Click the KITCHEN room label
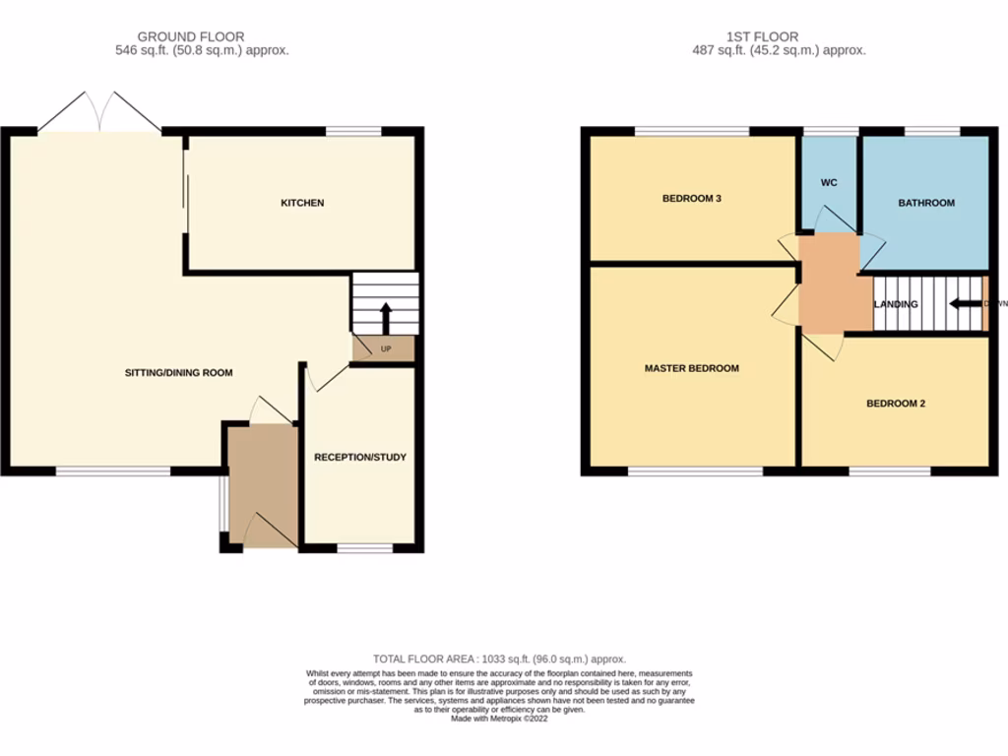302,203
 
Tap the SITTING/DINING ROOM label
178,372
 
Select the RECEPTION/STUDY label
359,457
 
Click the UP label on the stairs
386,348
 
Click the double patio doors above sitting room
99,111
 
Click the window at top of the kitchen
354,131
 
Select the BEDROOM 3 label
691,199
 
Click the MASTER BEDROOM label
691,368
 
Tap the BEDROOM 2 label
895,404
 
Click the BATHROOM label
925,203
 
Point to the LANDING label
895,304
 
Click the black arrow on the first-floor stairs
965,303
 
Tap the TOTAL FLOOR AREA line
499,659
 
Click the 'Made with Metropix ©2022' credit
500,719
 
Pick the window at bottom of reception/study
364,547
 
